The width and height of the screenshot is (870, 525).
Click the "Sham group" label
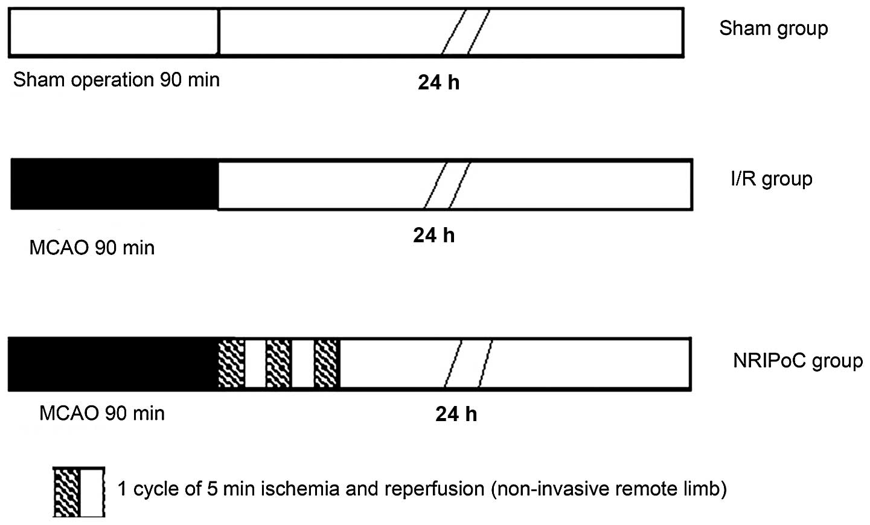[773, 28]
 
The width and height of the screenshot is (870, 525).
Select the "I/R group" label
[771, 179]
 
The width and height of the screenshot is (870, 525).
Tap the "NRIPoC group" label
[798, 361]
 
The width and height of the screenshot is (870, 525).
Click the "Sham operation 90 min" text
[117, 80]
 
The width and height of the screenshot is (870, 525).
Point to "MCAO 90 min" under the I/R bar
[92, 248]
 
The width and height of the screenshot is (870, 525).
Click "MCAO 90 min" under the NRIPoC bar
[102, 413]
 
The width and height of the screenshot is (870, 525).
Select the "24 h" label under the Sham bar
[438, 82]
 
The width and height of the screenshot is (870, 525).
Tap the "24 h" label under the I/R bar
[433, 235]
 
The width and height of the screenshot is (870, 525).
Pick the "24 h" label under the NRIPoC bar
[456, 414]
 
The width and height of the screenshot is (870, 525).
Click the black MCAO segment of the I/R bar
[115, 184]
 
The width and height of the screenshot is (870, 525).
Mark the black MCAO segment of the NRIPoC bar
[113, 364]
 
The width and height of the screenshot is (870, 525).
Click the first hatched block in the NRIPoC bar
[231, 364]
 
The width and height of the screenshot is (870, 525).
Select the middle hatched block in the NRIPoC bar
[279, 364]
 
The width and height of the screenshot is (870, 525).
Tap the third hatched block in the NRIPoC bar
[327, 364]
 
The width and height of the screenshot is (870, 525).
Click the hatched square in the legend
[67, 492]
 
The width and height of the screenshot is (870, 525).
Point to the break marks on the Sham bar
[465, 32]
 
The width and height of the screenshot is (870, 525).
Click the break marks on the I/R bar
[447, 184]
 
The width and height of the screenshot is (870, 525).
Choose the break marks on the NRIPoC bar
[469, 364]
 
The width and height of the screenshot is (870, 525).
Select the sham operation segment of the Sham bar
[114, 32]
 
